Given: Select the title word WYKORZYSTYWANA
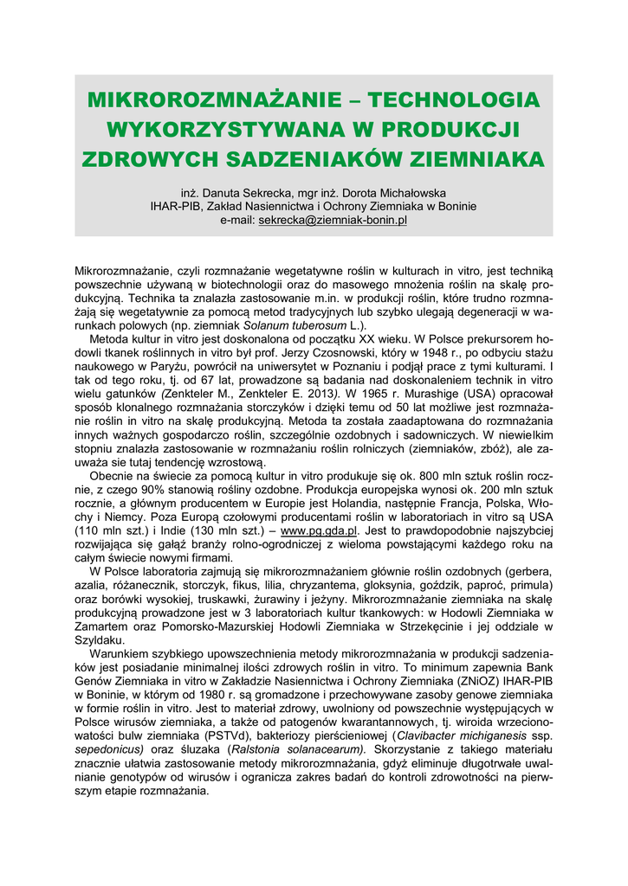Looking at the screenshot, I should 223,130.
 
